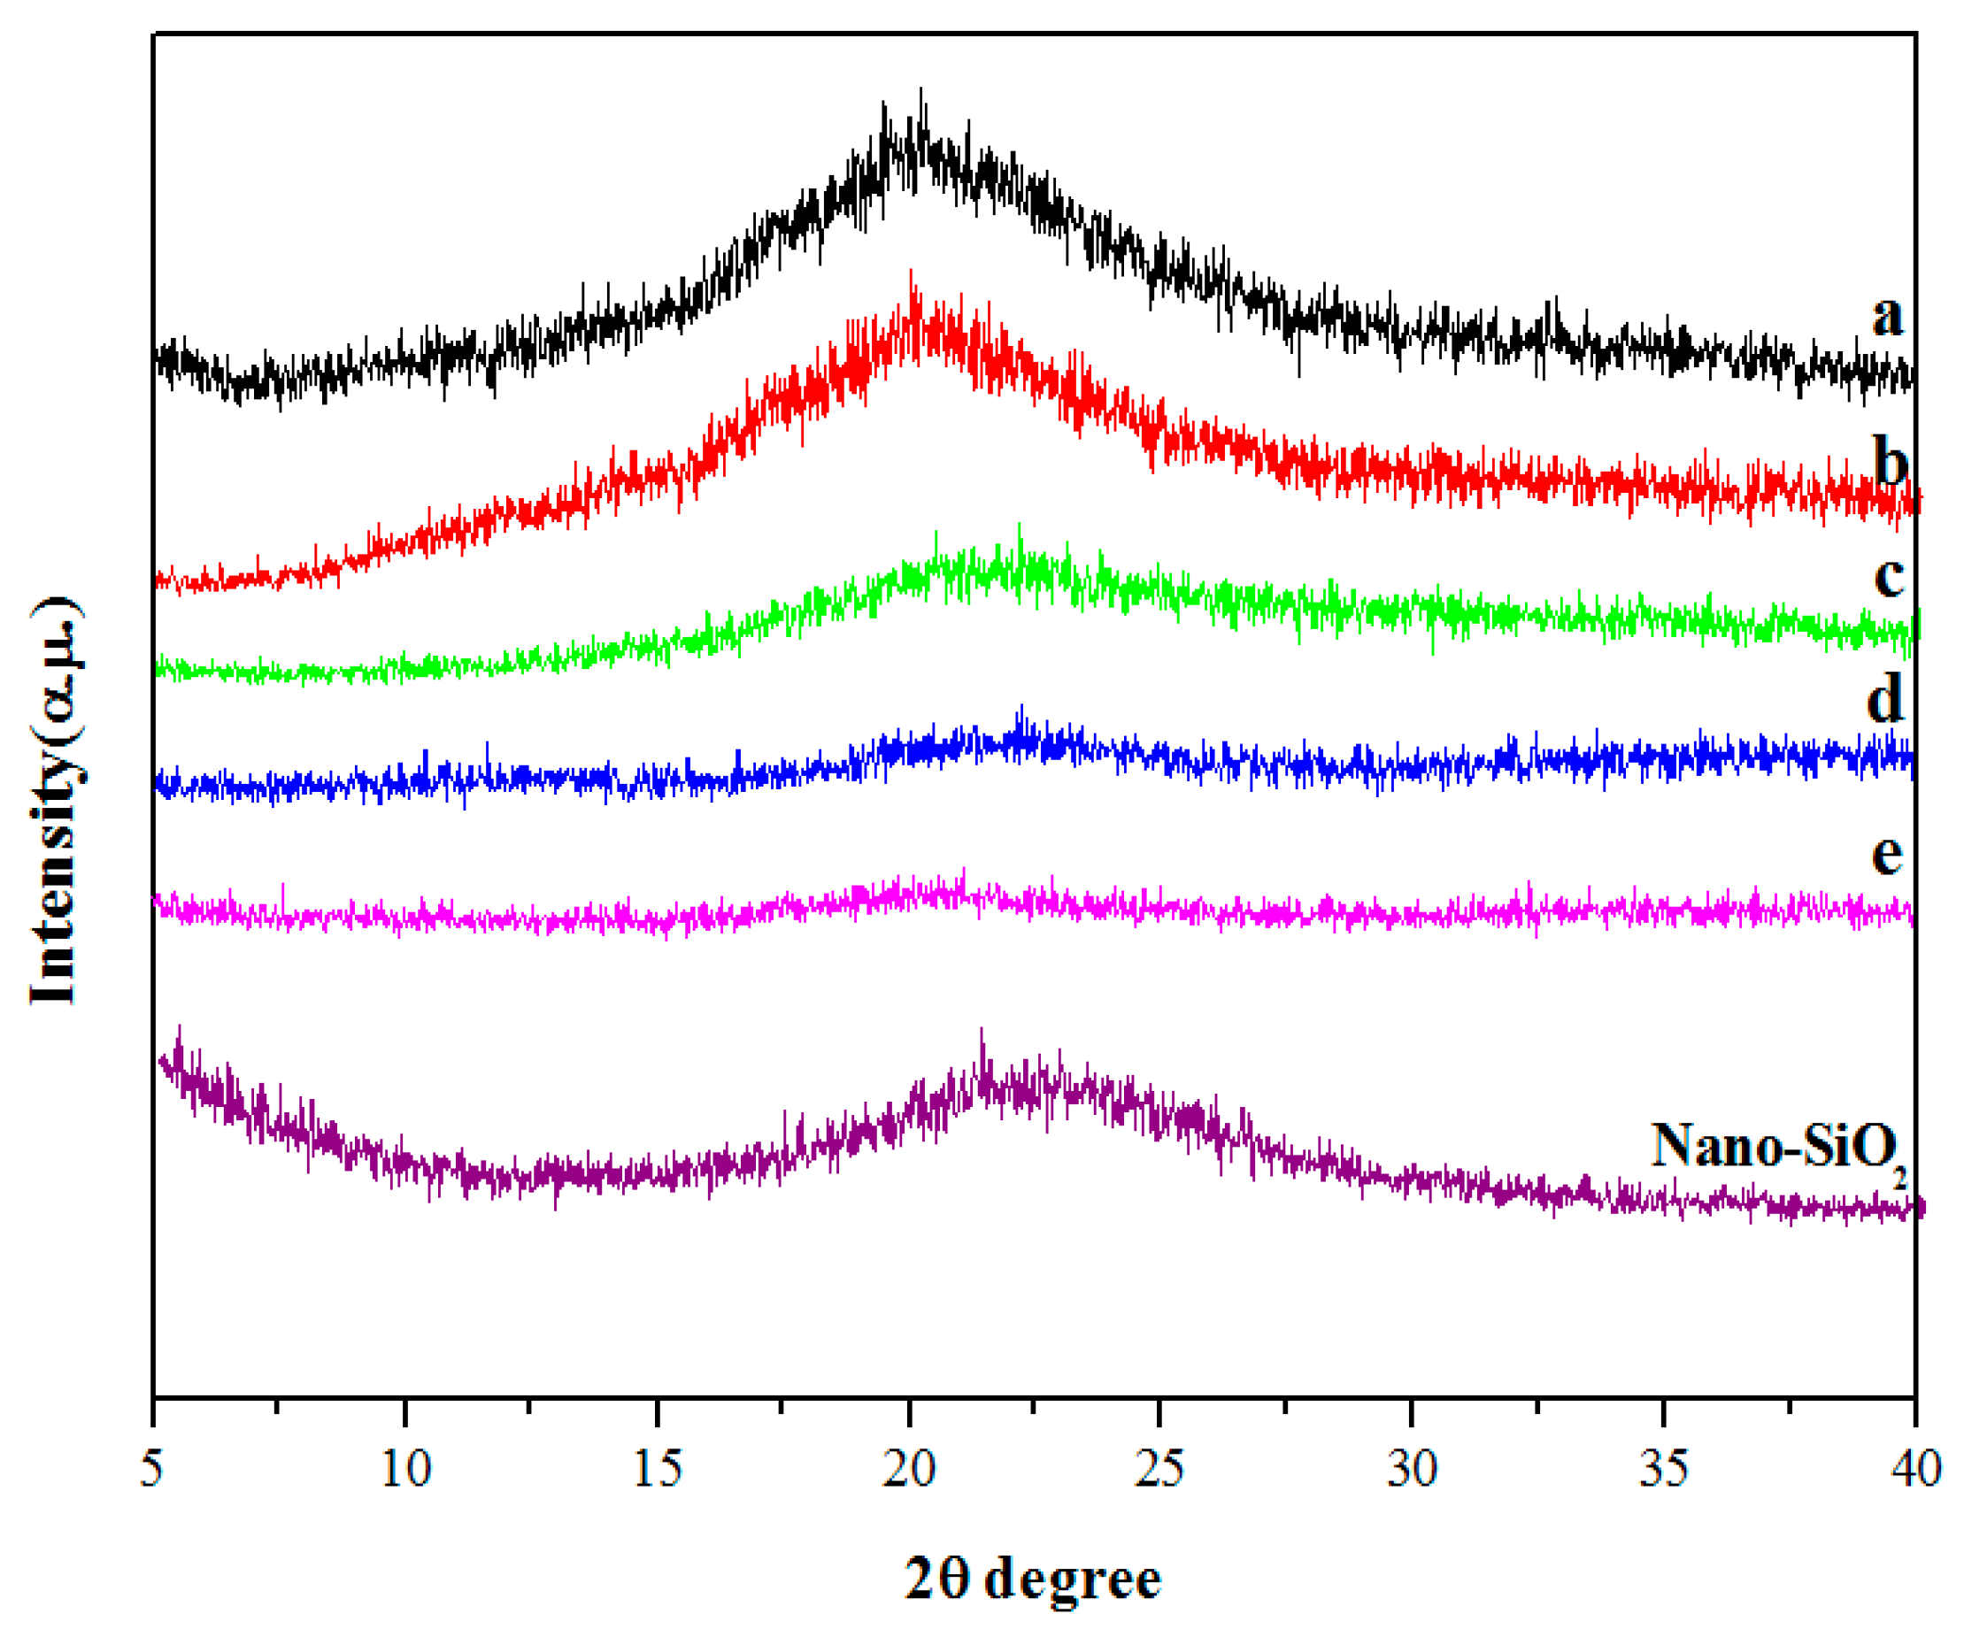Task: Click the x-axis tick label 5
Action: click(152, 1469)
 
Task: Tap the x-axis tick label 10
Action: click(406, 1469)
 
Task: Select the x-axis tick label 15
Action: click(658, 1469)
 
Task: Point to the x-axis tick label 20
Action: click(909, 1469)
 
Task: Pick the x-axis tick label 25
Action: click(1159, 1469)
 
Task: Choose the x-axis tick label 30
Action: click(1412, 1469)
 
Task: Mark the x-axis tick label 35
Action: click(1663, 1469)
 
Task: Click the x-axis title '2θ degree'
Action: click(1033, 1579)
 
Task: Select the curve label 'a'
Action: click(1887, 315)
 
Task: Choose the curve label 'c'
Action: click(1889, 576)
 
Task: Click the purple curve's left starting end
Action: click(162, 1059)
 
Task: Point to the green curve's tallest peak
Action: click(1020, 525)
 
